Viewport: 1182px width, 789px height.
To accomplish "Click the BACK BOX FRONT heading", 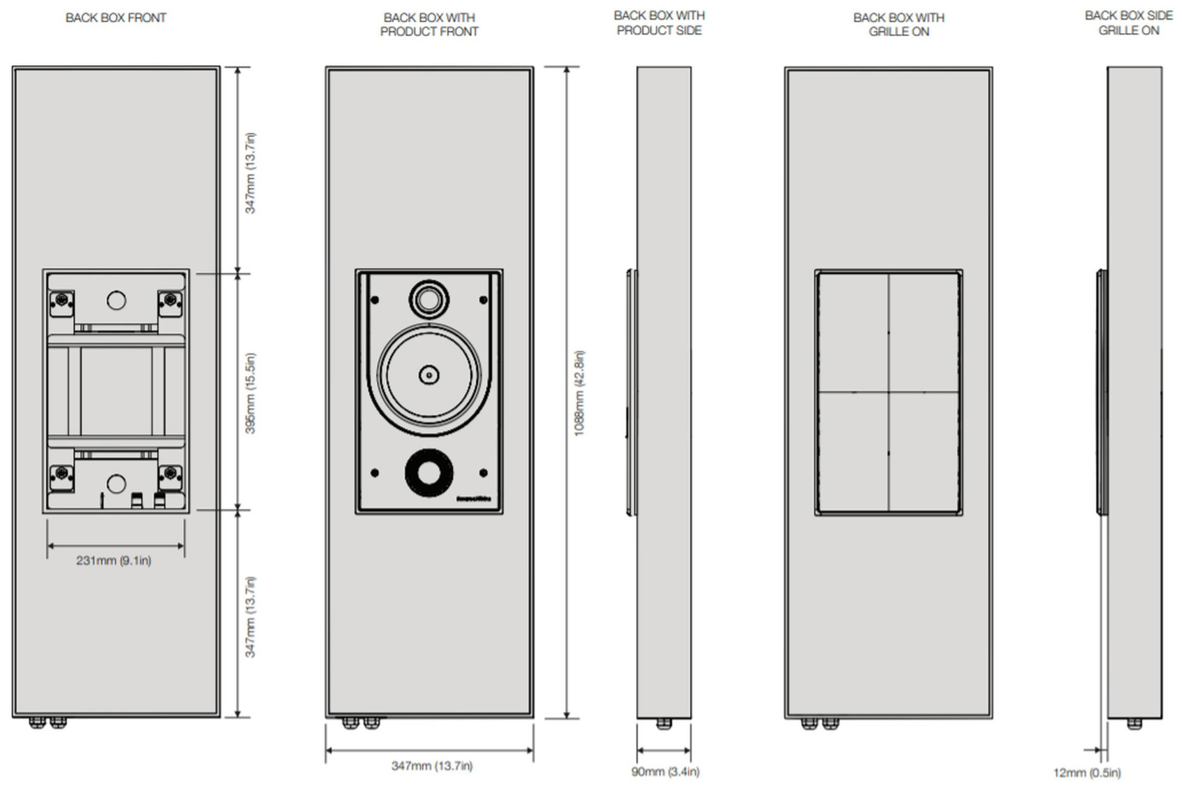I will click(x=116, y=18).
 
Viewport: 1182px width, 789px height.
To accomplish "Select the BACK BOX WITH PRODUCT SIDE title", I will click(x=658, y=23).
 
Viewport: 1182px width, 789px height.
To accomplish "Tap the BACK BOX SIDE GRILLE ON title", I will click(x=1129, y=23).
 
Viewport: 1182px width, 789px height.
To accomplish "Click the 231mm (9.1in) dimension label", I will click(x=114, y=560).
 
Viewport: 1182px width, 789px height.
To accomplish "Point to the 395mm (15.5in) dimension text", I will click(x=250, y=393).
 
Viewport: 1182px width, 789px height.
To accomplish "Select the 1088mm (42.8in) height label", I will click(x=579, y=393).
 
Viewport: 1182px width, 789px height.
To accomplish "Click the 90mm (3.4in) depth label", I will click(x=665, y=771).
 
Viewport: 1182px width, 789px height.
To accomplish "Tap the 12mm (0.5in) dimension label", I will click(x=1087, y=772).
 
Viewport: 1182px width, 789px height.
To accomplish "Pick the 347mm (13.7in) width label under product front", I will click(x=432, y=766).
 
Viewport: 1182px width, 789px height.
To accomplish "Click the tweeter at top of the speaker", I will click(x=428, y=299).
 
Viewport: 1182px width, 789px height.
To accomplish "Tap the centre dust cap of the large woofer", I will click(x=428, y=375).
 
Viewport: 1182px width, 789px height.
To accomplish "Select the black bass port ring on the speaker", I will click(x=428, y=473).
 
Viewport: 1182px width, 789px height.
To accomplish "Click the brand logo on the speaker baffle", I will click(x=473, y=499).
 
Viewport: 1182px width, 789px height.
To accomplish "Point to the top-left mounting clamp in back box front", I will click(x=62, y=303).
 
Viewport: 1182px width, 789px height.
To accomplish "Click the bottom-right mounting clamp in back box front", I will click(x=170, y=476).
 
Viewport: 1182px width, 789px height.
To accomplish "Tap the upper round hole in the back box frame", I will click(x=116, y=300).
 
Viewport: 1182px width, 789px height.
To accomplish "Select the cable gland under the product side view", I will click(x=664, y=723).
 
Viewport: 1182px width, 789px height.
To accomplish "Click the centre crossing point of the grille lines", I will click(x=888, y=392).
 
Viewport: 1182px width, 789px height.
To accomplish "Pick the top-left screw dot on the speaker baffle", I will click(x=375, y=300).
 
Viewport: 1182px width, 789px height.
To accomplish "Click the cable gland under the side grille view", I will click(x=1134, y=723).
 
